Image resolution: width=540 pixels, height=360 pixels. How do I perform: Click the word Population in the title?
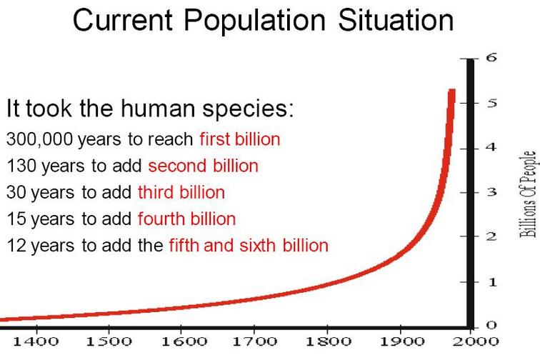click(254, 21)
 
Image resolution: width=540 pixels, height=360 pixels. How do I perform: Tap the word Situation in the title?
click(396, 20)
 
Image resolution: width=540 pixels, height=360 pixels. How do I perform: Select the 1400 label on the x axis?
click(36, 341)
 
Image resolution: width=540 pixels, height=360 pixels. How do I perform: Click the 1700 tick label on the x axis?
click(254, 341)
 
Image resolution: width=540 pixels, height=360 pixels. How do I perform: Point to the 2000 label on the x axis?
click(476, 341)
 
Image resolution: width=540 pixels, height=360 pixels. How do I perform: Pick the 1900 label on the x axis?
click(401, 341)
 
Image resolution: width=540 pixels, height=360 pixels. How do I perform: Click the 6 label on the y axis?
click(491, 57)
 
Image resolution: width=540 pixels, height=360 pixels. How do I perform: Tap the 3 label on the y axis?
click(491, 192)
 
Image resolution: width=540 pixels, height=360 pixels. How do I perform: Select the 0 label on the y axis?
click(491, 325)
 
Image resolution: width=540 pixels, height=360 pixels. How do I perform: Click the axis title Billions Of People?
click(528, 194)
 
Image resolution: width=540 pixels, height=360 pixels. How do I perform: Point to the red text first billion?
click(240, 139)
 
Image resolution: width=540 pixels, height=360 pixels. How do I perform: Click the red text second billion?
click(203, 166)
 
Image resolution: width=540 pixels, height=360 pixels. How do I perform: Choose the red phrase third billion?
click(181, 192)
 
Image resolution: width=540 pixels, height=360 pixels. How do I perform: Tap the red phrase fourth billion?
click(186, 219)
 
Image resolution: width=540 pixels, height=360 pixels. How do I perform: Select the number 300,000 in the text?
click(39, 139)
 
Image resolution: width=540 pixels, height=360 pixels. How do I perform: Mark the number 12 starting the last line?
click(16, 245)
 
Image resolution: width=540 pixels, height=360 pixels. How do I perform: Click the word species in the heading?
click(248, 109)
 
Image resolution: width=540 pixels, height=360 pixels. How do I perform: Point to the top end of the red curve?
click(452, 90)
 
